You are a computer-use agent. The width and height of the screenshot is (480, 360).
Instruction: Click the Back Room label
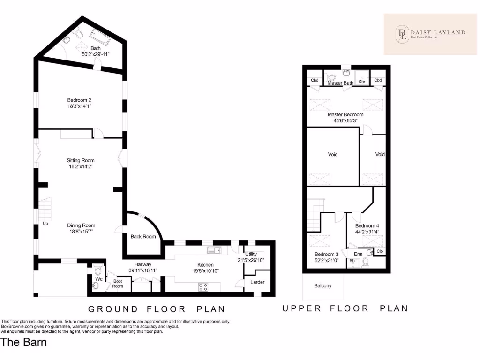coord(143,236)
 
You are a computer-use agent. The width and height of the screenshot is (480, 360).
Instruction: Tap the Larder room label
coord(257,282)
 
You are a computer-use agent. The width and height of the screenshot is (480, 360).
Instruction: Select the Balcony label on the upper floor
coord(322,285)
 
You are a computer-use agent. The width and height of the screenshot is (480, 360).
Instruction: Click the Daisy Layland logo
coord(430,34)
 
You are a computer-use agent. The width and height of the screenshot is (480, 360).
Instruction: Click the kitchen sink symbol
coord(214,250)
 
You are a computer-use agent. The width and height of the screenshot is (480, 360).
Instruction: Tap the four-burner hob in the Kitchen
coord(203,287)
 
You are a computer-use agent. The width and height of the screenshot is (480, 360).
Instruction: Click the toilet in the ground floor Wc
coord(98,270)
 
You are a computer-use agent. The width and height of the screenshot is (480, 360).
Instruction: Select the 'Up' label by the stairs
coord(45,224)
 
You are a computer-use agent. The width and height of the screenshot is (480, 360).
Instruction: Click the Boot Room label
coord(118,284)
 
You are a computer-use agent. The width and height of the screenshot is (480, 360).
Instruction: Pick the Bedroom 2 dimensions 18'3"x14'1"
coord(79,106)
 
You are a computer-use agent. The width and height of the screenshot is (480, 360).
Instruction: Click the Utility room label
coord(251,254)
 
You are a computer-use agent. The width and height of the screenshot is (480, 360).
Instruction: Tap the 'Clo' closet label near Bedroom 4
coord(380,251)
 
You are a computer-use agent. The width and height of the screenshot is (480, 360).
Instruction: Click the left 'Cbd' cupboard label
coord(315,80)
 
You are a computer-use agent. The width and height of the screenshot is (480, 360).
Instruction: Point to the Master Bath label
coord(340,83)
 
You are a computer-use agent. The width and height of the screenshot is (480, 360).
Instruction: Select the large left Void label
coord(333,154)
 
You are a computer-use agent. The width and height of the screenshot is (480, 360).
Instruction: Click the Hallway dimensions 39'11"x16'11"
coord(142,270)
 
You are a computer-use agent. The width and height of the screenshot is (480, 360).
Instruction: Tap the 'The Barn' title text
coord(24,342)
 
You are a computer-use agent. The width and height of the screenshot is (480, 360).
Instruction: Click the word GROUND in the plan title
coord(113,309)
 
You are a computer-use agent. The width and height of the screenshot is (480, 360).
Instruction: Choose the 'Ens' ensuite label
coord(358,254)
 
